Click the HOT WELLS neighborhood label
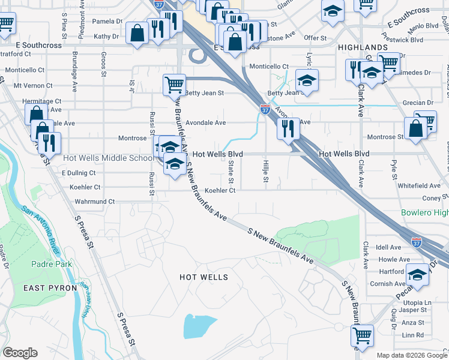point(204,277)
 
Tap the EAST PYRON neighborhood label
point(50,288)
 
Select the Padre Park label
point(52,264)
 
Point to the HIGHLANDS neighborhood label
point(362,47)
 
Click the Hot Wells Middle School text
point(107,158)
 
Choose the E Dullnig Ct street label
point(79,173)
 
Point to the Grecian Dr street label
point(414,103)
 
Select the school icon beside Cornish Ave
point(418,275)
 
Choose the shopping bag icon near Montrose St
point(415,129)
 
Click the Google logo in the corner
point(20,352)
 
